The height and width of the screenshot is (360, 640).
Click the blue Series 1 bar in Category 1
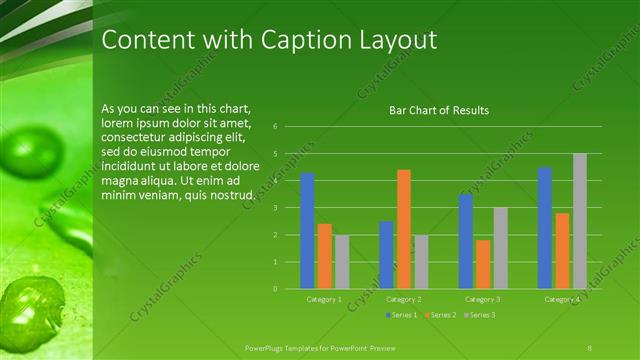(x=307, y=231)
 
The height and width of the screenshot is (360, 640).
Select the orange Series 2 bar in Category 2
(x=403, y=229)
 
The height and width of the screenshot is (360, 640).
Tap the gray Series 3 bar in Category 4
(x=580, y=221)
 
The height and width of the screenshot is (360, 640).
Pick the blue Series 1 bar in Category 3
(x=465, y=241)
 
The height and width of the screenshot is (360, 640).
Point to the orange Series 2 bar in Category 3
(x=483, y=264)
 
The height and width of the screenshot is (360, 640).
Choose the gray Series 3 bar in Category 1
(x=342, y=262)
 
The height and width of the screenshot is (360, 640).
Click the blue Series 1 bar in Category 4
(x=545, y=228)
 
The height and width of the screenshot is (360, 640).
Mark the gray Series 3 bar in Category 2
(x=421, y=262)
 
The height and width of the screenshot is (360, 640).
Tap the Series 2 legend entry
(x=441, y=315)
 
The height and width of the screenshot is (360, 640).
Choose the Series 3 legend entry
(x=480, y=315)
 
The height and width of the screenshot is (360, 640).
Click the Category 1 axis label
(x=324, y=299)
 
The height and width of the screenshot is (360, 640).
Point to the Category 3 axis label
(x=483, y=299)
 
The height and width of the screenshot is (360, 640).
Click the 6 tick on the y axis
(x=288, y=127)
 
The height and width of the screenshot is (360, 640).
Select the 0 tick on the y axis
(x=288, y=289)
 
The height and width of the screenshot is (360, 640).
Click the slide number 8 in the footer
(x=590, y=346)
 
